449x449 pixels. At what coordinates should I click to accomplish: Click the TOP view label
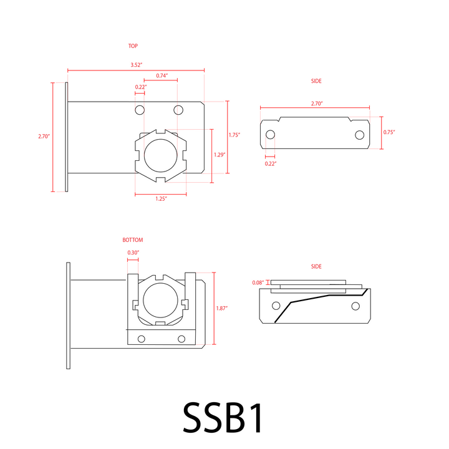click(x=133, y=46)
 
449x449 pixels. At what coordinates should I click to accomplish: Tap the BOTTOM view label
click(x=133, y=240)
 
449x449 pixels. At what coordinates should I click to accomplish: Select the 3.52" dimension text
click(x=137, y=65)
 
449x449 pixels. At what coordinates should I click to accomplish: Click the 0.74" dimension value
click(x=162, y=75)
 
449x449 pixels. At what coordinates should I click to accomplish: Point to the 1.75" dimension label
click(x=234, y=135)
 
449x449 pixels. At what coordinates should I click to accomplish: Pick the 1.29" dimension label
click(x=220, y=155)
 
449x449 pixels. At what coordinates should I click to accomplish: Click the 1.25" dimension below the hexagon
click(x=162, y=199)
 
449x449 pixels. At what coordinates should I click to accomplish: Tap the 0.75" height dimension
click(x=389, y=132)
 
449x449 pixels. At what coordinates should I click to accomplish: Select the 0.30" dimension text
click(x=133, y=253)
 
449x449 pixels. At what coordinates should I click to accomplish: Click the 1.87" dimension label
click(x=221, y=309)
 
